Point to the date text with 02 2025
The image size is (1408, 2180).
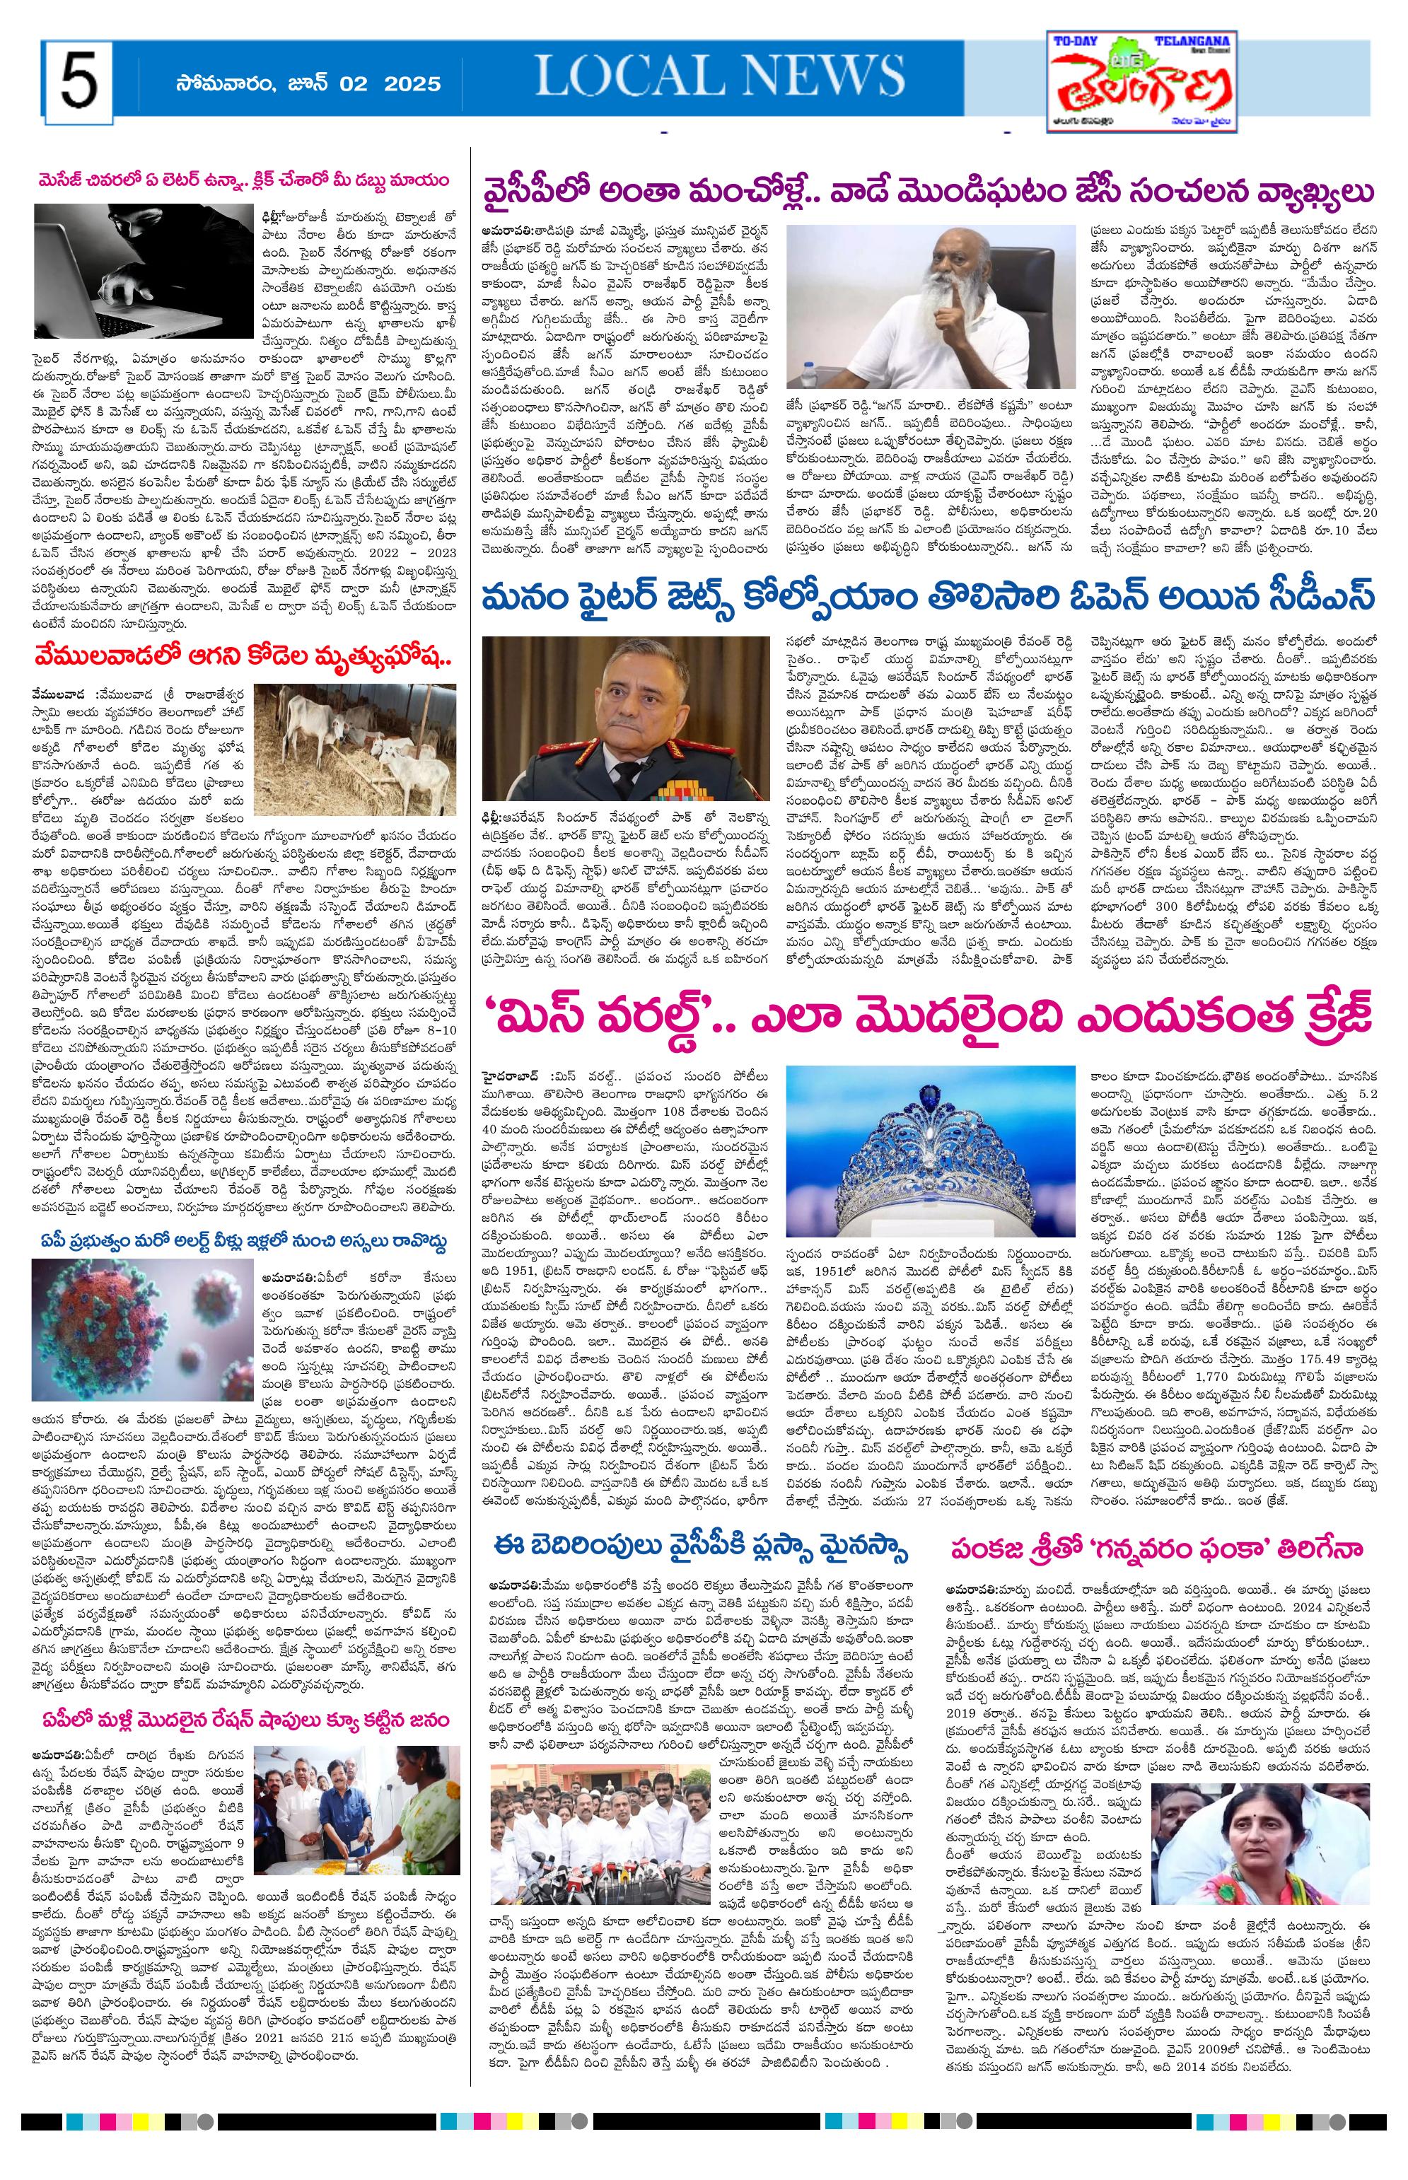[309, 84]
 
